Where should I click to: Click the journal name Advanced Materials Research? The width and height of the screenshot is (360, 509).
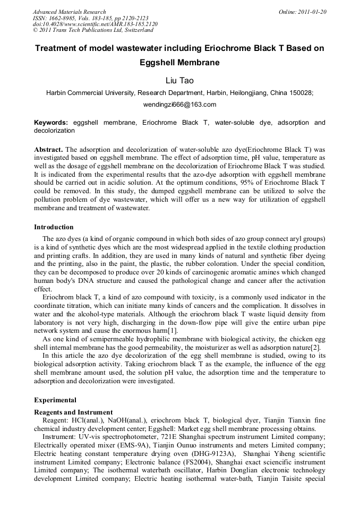click(69, 12)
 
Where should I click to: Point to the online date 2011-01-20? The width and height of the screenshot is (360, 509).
click(310, 12)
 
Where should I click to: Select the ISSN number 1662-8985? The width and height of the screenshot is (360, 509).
click(59, 18)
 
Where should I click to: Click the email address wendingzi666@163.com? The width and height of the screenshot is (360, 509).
click(179, 105)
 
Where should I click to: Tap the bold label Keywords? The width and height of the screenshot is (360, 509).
click(51, 123)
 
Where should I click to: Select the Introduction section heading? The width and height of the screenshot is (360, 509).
click(54, 227)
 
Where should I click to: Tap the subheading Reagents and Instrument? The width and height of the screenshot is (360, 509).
click(73, 412)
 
